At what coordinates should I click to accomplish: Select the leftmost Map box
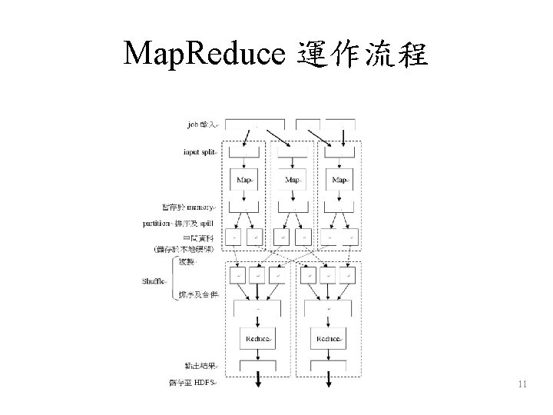(244, 180)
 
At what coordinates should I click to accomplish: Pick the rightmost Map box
(339, 180)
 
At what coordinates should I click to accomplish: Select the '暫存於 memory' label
(188, 207)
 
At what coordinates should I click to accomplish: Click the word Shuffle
(154, 281)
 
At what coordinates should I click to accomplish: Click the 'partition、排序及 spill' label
(180, 223)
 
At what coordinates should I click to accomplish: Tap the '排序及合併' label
(198, 295)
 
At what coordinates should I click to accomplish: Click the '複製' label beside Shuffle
(187, 262)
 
